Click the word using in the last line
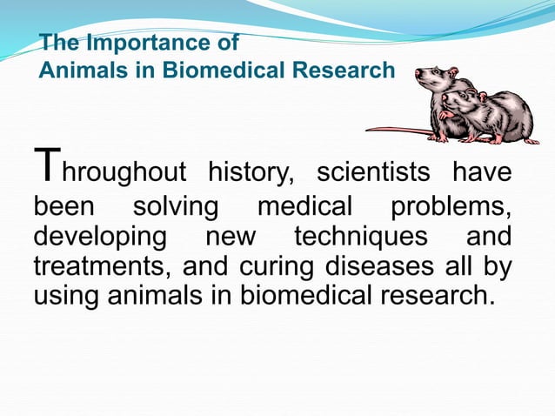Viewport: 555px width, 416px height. (67, 296)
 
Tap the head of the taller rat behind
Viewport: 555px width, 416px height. (432, 79)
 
